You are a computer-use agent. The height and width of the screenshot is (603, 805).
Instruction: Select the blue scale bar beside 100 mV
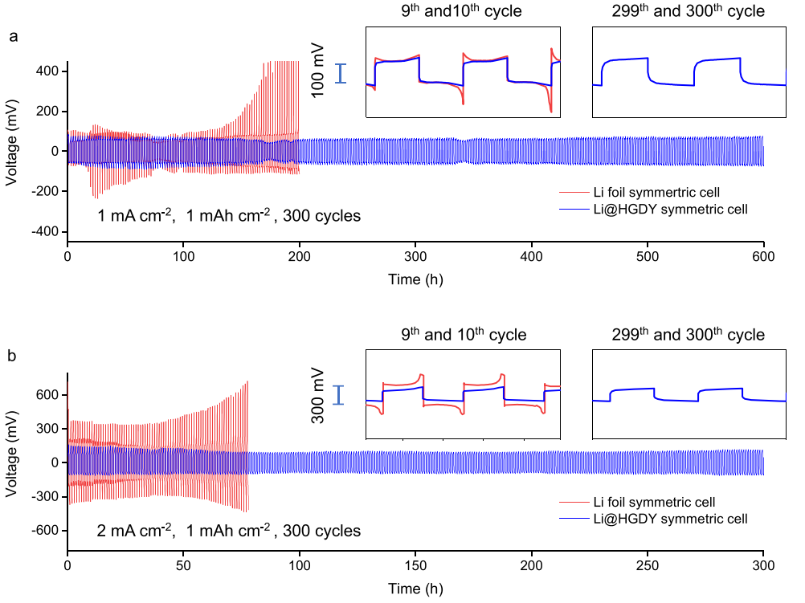341,74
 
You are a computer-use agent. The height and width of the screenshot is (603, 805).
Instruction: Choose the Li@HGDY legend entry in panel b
652,519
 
